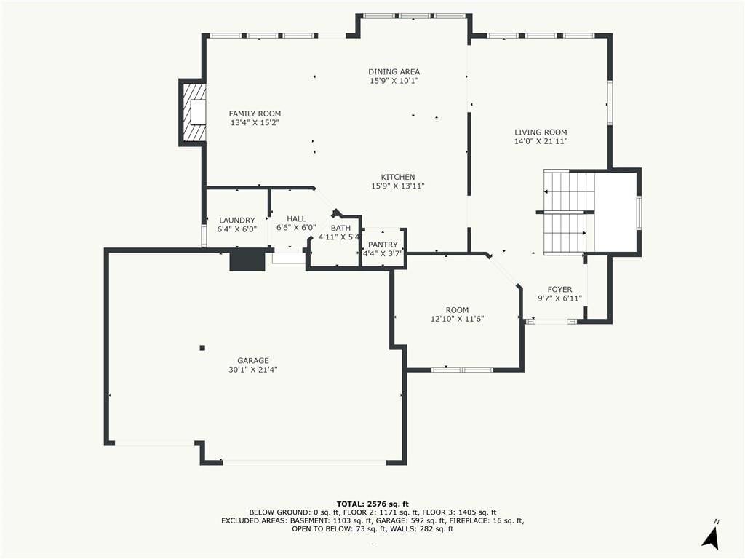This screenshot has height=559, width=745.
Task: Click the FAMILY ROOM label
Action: tap(255, 114)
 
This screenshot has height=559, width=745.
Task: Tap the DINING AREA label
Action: tap(394, 72)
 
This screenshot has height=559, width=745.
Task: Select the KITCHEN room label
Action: tap(398, 178)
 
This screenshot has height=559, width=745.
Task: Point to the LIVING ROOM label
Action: tap(541, 132)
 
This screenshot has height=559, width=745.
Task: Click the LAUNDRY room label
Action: tap(236, 220)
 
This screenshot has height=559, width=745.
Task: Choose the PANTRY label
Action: tap(383, 245)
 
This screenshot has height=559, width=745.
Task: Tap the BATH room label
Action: tap(340, 228)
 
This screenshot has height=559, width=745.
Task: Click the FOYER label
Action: tap(559, 290)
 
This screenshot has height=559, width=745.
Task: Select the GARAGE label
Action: tap(252, 361)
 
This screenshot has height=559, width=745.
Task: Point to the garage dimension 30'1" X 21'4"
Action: tap(252, 370)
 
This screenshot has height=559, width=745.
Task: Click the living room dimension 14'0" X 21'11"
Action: tap(541, 141)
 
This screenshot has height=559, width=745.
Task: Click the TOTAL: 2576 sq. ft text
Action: tap(372, 504)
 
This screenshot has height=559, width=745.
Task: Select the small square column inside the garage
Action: tap(202, 348)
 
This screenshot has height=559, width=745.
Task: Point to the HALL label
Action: tap(296, 218)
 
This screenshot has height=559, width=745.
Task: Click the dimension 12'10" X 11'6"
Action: tap(457, 319)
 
